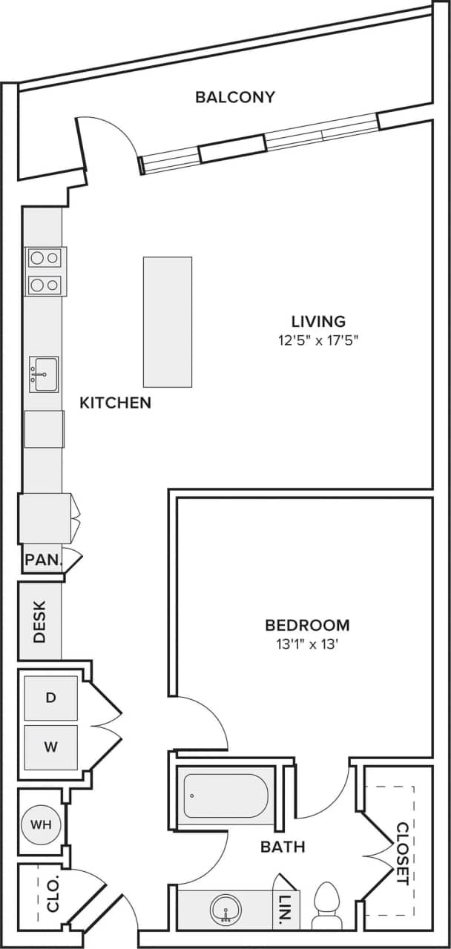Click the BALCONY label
(235, 96)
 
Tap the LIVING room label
(318, 321)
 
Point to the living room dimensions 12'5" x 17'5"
(318, 341)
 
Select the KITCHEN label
(115, 403)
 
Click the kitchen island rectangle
(167, 322)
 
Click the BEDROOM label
(307, 624)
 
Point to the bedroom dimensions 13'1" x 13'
(307, 644)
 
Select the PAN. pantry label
(42, 560)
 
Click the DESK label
(39, 621)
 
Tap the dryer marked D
(50, 698)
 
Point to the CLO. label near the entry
(52, 895)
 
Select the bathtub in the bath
(225, 796)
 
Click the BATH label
(283, 846)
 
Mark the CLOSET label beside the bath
(401, 853)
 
